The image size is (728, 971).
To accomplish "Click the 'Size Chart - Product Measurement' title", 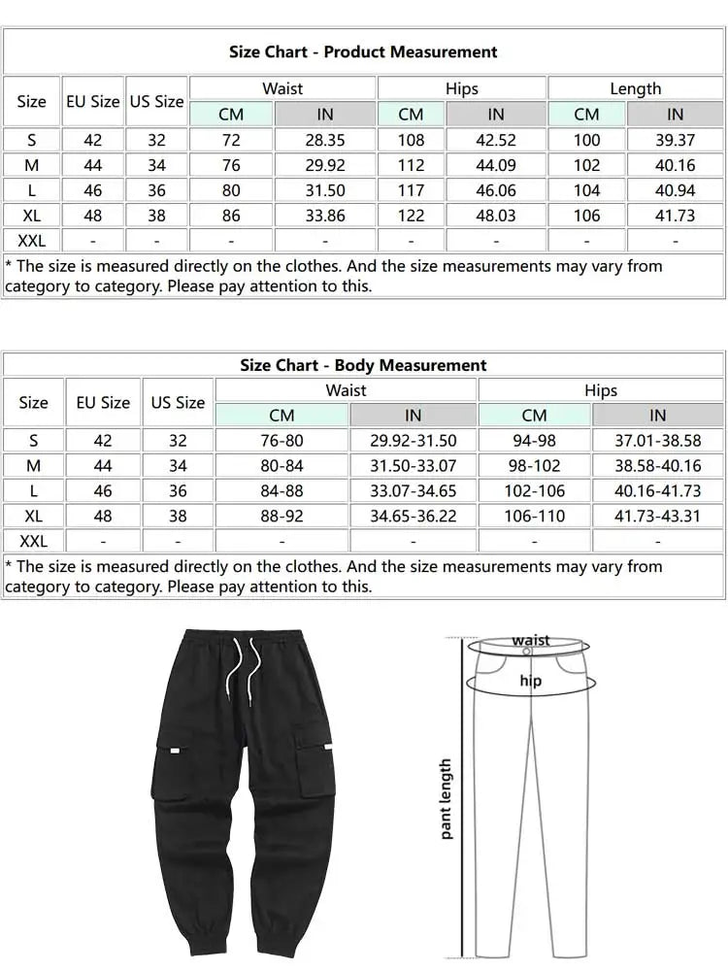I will [x=363, y=52].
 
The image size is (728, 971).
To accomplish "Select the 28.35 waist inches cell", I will [x=325, y=141].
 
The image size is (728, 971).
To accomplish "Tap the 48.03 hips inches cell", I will [x=495, y=216].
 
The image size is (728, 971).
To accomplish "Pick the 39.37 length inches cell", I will [x=675, y=141].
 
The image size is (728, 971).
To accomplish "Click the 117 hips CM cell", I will [x=411, y=190].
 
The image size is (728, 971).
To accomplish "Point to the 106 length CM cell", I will [x=586, y=216].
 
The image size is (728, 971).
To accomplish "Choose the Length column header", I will [x=635, y=88].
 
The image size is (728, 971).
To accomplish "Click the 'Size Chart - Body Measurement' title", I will [x=363, y=365].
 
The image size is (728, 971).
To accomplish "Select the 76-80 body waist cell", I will [x=281, y=441].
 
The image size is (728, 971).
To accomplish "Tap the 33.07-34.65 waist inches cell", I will [x=413, y=491].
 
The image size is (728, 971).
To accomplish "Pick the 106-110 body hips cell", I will [x=534, y=517].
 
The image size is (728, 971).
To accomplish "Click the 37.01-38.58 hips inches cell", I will [x=657, y=441].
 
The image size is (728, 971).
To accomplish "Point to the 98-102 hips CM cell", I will [x=534, y=466].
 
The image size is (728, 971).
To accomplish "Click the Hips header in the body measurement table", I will [x=600, y=390].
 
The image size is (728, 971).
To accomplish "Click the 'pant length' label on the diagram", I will [x=446, y=798].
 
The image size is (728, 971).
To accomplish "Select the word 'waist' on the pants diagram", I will [x=530, y=640].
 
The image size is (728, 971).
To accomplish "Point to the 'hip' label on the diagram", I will [x=530, y=681].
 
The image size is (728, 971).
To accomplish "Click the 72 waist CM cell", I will [x=231, y=141].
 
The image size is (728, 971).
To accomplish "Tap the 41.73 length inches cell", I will [x=675, y=216].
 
